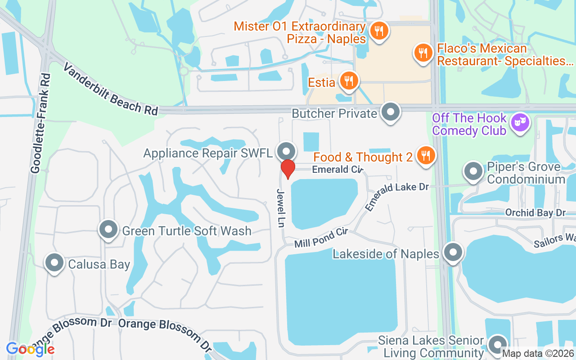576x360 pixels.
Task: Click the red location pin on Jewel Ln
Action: [x=288, y=169]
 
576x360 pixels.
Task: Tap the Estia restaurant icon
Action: [x=349, y=81]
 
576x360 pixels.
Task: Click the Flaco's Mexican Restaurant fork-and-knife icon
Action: [x=423, y=54]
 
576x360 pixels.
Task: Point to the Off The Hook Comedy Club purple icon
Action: [x=520, y=123]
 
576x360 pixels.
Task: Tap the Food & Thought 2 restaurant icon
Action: [x=424, y=156]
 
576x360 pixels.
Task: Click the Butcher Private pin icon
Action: [x=390, y=112]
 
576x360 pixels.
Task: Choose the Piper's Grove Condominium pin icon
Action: [x=473, y=172]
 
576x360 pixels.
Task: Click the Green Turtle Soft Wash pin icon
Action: [x=108, y=230]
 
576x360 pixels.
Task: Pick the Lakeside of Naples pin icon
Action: [x=453, y=253]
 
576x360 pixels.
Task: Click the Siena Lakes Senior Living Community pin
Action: [x=497, y=345]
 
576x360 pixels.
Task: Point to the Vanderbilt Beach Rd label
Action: [x=111, y=89]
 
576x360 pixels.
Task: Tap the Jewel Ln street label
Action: [x=281, y=208]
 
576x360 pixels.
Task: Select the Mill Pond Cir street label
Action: [x=321, y=238]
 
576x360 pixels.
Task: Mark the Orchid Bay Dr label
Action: [x=535, y=212]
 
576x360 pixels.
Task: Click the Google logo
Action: [x=30, y=349]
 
